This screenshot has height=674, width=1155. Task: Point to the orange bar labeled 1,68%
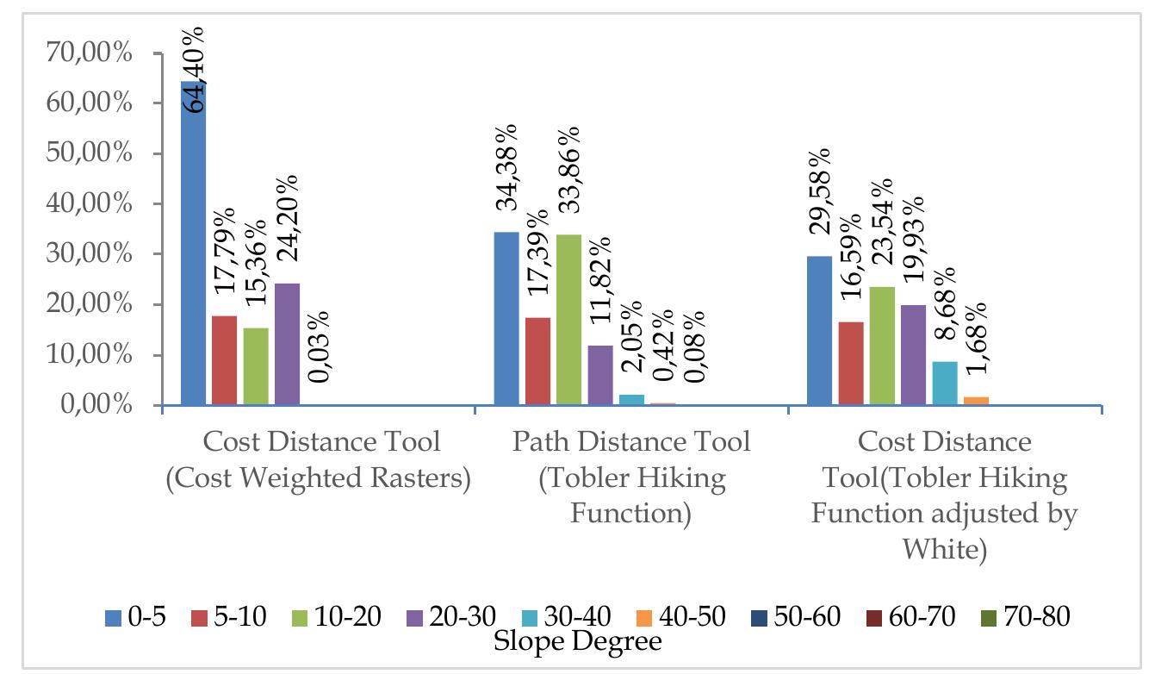click(x=977, y=401)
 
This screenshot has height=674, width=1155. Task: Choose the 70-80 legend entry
click(x=1025, y=617)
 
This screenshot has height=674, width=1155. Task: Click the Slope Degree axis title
click(x=577, y=642)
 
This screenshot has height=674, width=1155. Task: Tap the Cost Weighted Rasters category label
click(x=319, y=479)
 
